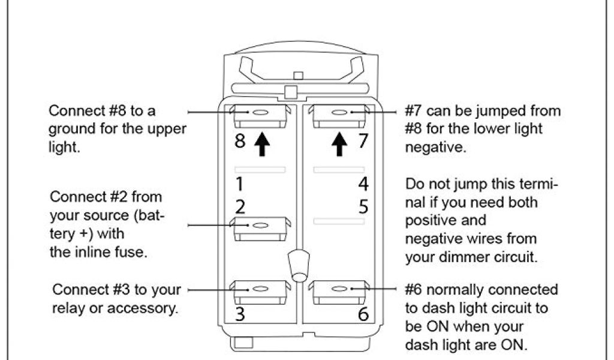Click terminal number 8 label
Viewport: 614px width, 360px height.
[x=239, y=143]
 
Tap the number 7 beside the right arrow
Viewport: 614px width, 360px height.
[x=362, y=143]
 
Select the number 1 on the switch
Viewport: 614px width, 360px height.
[x=239, y=182]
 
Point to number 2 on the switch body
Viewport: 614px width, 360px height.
[x=239, y=207]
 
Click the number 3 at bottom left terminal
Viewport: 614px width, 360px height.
[x=239, y=314]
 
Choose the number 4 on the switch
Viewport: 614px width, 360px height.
[x=363, y=182]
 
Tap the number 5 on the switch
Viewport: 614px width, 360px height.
[x=363, y=207]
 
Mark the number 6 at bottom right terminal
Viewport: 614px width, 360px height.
[x=363, y=314]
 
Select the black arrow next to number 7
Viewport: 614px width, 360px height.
[x=340, y=145]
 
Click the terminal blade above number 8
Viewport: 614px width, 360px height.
[x=260, y=115]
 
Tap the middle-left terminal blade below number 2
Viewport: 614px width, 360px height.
[x=260, y=227]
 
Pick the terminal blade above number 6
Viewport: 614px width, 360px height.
[x=339, y=291]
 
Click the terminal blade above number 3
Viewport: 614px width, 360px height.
[x=260, y=291]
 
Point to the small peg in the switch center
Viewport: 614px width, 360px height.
[x=298, y=264]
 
